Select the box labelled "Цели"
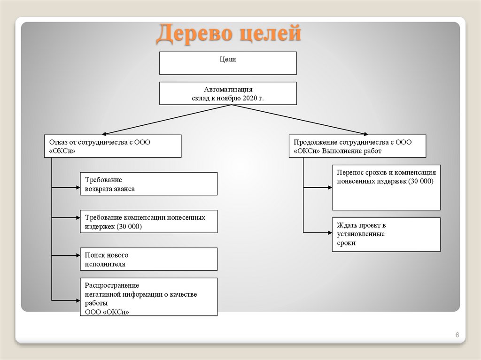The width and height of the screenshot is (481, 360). point(228,63)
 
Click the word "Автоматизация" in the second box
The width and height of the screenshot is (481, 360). point(228,89)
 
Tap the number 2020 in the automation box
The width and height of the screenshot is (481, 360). point(252,98)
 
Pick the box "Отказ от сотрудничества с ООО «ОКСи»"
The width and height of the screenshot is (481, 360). point(113,146)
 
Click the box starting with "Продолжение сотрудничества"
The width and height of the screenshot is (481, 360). point(357,146)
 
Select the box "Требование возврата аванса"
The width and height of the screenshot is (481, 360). point(148,184)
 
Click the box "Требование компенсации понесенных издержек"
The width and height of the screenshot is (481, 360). point(148,221)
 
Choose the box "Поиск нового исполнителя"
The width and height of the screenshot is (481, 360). point(148,259)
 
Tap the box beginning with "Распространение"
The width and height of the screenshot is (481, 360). point(148,297)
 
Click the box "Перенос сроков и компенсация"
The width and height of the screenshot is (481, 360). point(386,187)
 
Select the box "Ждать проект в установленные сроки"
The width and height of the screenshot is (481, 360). point(386,234)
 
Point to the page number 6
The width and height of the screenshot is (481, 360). point(457,335)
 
